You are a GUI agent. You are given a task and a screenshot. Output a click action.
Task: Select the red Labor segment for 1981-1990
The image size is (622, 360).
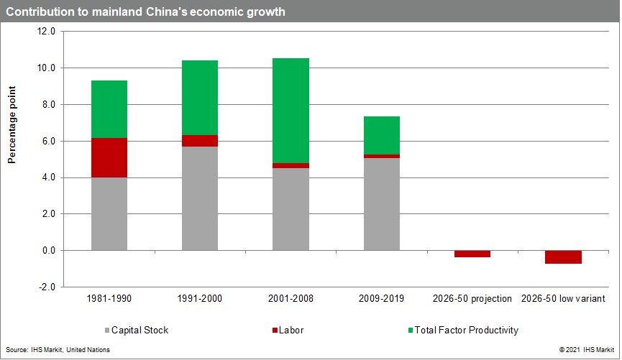[x=109, y=157]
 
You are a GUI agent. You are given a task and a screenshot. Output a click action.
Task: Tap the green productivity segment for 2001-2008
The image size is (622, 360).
[x=291, y=111]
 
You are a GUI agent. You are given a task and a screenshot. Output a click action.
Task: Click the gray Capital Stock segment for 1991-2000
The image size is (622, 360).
[x=200, y=198]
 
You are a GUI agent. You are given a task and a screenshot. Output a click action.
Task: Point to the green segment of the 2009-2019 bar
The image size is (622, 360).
[x=382, y=135]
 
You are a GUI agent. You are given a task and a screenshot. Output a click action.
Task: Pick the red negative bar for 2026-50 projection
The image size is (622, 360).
[x=472, y=254]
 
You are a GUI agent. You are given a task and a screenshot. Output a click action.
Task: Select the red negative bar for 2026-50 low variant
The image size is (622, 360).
[x=563, y=257]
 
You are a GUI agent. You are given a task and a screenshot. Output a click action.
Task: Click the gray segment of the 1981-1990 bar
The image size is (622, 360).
[x=109, y=214]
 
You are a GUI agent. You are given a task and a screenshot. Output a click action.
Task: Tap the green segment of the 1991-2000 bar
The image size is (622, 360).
[x=200, y=98]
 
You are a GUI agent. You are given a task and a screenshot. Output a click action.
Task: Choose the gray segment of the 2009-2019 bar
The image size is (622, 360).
[x=382, y=204]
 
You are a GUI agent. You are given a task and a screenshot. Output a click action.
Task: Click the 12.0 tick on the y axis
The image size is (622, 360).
[x=47, y=32]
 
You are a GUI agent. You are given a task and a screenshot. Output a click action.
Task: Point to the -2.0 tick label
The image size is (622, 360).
[x=47, y=287]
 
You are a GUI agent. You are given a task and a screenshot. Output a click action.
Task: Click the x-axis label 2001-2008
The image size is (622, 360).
[x=291, y=298]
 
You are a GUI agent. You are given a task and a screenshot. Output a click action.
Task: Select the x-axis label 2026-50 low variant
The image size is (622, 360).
[x=563, y=298]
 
